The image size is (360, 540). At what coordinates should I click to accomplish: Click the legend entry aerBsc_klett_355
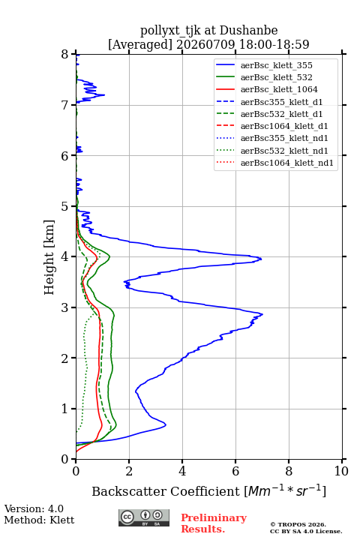click(x=264, y=65)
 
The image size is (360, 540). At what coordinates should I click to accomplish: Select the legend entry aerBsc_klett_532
click(x=264, y=77)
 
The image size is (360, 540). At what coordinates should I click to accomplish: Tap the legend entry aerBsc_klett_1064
click(x=267, y=89)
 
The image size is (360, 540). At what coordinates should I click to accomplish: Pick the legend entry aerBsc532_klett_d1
click(x=269, y=114)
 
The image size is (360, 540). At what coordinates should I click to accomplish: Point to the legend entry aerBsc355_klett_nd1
click(x=272, y=138)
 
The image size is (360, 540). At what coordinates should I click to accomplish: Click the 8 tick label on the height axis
click(x=65, y=54)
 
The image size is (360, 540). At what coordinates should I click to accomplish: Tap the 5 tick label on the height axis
click(x=65, y=206)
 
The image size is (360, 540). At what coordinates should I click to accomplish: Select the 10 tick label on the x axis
click(x=341, y=471)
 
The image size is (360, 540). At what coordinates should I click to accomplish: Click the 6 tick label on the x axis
click(x=235, y=471)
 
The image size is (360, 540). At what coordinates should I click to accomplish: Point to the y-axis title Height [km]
click(x=49, y=257)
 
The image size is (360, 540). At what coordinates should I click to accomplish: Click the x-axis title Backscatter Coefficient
click(x=166, y=491)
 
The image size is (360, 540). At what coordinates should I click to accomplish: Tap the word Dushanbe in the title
click(x=248, y=31)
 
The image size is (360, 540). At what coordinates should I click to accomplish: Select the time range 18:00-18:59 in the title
click(x=274, y=44)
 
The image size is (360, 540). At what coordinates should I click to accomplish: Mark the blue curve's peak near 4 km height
click(x=261, y=258)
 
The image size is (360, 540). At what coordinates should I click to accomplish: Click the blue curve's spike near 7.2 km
click(x=104, y=94)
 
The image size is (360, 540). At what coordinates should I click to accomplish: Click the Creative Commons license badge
click(x=144, y=517)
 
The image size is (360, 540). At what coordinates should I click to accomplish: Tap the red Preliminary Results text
click(x=214, y=523)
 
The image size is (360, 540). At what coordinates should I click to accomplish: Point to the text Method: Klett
click(x=39, y=520)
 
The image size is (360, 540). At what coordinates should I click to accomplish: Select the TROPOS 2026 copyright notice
click(x=306, y=527)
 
